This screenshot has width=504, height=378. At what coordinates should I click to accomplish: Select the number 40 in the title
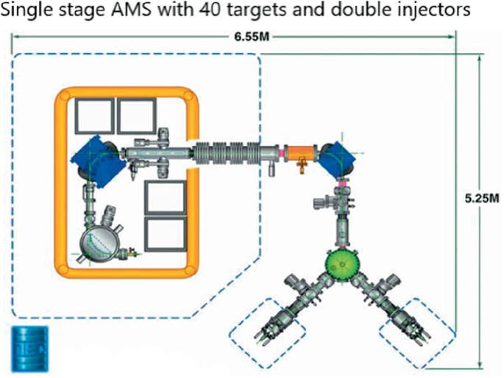tap(208, 12)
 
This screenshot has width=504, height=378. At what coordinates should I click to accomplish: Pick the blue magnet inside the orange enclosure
tap(90, 157)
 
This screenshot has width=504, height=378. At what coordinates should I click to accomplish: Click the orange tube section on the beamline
tap(299, 155)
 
